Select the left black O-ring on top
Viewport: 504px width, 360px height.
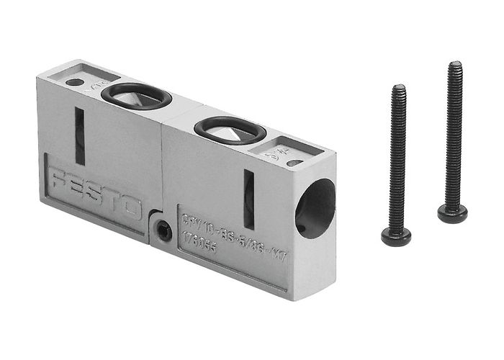136,95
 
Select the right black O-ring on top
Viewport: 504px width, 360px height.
230,129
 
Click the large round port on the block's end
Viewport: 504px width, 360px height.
315,209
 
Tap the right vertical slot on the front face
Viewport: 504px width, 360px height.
249,199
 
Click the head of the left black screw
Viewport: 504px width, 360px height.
396,236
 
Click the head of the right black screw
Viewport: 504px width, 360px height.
452,213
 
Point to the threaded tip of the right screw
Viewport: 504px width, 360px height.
455,66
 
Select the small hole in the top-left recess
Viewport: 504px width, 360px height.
74,82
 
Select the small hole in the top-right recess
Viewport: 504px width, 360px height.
294,163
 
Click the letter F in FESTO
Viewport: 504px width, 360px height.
58,179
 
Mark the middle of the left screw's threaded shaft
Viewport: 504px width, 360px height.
397,158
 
